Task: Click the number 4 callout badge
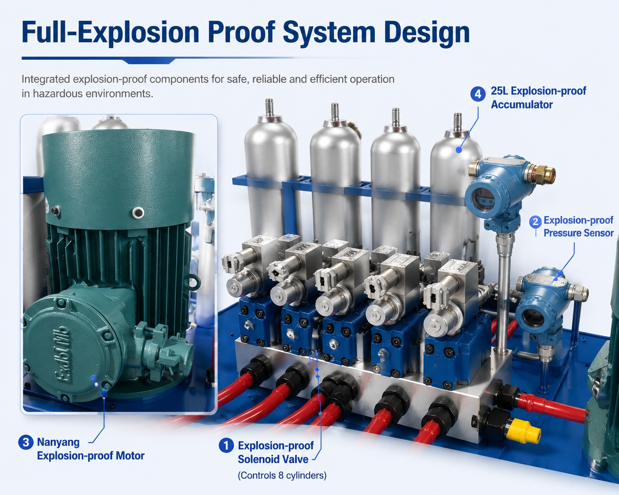[478, 94]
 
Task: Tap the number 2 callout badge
[535, 222]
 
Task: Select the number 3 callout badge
[26, 442]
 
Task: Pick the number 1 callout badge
[226, 445]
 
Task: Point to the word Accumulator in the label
[522, 105]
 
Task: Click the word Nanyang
[58, 442]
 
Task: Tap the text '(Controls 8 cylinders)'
[282, 475]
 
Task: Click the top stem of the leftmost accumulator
[269, 107]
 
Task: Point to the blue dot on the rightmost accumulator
[459, 150]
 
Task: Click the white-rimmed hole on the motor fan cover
[138, 213]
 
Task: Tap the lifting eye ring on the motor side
[192, 281]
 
